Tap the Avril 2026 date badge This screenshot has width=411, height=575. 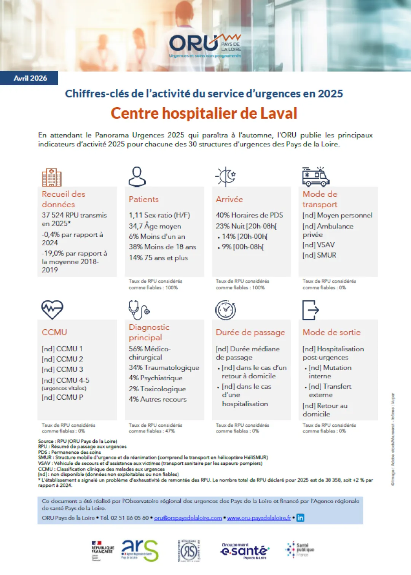point(30,78)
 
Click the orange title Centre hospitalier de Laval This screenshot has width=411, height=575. point(204,113)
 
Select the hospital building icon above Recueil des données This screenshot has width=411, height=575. point(51,177)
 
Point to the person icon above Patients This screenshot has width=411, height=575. point(137,176)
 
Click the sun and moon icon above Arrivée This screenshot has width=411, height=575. point(226,176)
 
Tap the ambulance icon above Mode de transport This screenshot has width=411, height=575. point(315,176)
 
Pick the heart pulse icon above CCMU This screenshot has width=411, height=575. point(52,310)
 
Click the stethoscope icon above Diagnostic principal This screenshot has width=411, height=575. point(139,310)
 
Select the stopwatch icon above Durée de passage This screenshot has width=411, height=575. point(226,310)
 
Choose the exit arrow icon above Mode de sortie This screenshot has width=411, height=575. point(311,310)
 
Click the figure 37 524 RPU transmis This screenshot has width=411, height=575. point(74,215)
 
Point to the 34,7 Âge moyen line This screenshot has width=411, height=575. point(155,226)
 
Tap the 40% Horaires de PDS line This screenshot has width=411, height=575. point(249,215)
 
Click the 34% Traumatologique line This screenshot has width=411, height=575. point(164,368)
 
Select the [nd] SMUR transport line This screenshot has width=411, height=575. point(319,255)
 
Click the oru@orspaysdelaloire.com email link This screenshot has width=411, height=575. point(188,518)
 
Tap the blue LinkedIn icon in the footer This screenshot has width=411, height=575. point(300,518)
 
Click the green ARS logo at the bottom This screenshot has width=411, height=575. point(140,550)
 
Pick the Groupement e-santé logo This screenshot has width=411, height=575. point(244,551)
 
